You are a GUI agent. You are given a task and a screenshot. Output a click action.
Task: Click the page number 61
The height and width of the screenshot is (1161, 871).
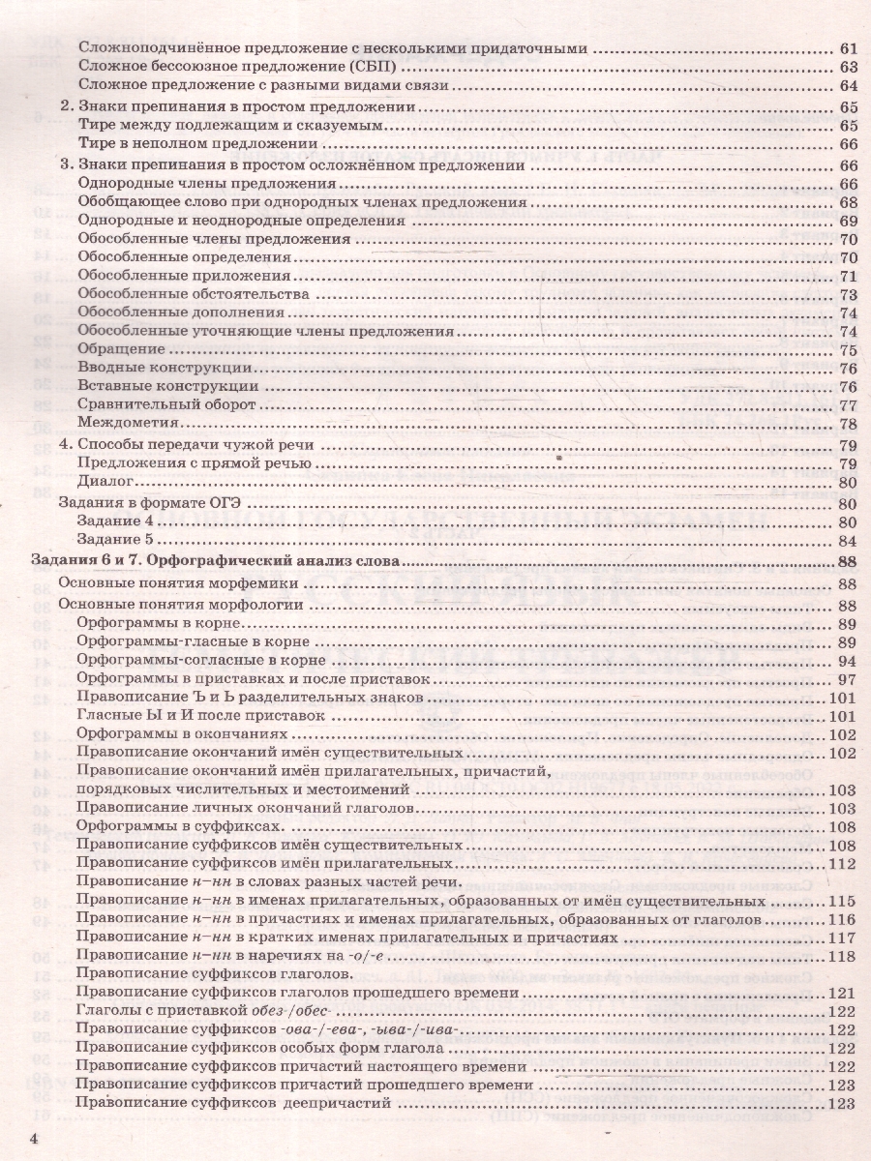tap(849, 49)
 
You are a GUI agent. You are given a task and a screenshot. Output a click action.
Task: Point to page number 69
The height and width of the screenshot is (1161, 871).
tap(849, 222)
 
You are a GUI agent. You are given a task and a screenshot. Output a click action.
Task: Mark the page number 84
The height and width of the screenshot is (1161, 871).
tap(849, 540)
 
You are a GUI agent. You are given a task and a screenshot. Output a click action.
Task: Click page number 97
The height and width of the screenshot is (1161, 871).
tap(849, 680)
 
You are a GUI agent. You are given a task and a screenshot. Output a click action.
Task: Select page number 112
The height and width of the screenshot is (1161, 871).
tap(845, 863)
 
